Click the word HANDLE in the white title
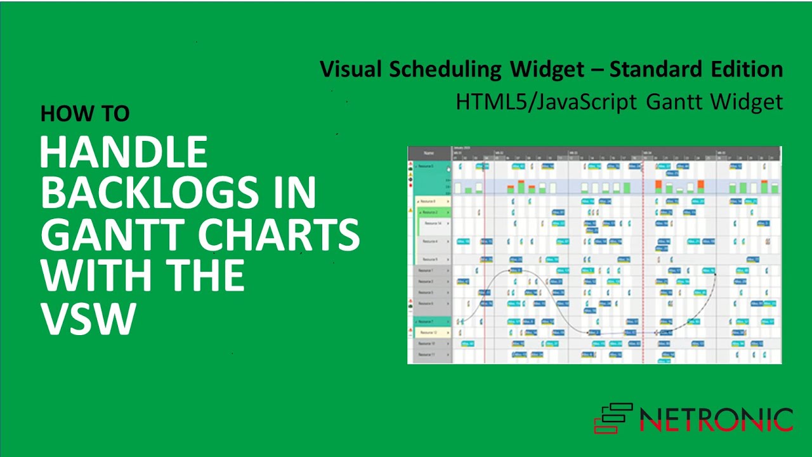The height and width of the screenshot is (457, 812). pyautogui.click(x=124, y=153)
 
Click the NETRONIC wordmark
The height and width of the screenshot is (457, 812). pyautogui.click(x=716, y=420)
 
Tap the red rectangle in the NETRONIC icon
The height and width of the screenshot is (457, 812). pyautogui.click(x=606, y=427)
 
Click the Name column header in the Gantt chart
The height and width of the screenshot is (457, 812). pyautogui.click(x=429, y=153)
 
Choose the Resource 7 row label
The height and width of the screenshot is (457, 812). pyautogui.click(x=427, y=322)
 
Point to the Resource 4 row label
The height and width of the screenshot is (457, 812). pyautogui.click(x=430, y=242)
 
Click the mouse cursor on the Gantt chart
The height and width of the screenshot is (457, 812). pyautogui.click(x=449, y=169)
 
